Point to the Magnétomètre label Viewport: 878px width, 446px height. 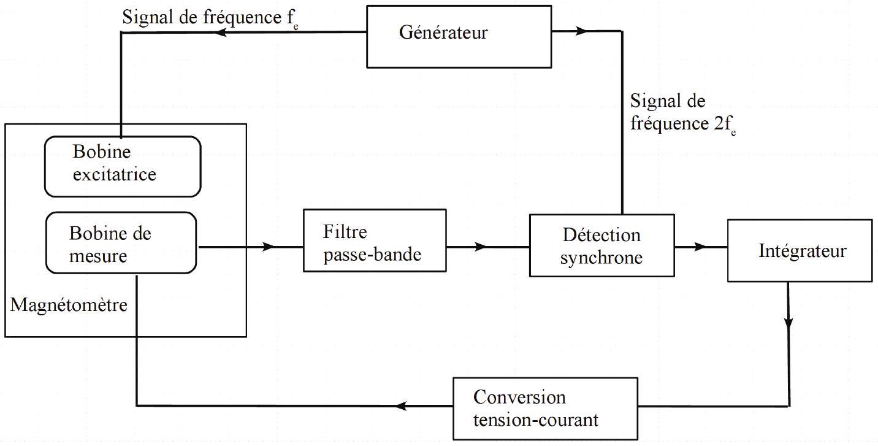tap(69, 305)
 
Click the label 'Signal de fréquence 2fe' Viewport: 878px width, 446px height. tap(683, 113)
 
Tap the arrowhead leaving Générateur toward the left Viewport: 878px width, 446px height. tap(221, 32)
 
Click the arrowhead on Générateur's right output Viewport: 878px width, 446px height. tap(581, 31)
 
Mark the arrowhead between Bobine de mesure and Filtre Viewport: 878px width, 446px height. tap(268, 247)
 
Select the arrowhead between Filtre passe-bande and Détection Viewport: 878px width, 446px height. tap(481, 247)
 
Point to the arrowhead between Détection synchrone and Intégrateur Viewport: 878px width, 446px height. tap(700, 247)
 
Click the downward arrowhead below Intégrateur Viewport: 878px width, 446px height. tap(788, 322)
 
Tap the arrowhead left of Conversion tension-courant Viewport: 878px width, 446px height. tap(400, 406)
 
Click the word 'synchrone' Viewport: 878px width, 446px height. tap(601, 258)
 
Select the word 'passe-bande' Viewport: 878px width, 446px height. tap(372, 255)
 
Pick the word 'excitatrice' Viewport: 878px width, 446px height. tap(115, 174)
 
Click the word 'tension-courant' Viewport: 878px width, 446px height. tap(536, 420)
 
